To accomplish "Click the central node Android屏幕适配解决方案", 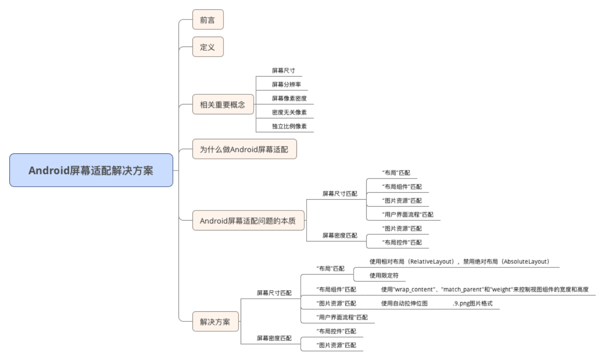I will tap(91, 170).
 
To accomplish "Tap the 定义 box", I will tap(208, 47).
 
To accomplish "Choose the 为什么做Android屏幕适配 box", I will tap(244, 150).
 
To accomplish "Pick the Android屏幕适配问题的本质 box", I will tap(249, 221).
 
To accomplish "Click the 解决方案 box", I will tap(215, 322).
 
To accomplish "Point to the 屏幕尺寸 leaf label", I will tap(284, 71).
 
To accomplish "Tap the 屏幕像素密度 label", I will tap(289, 98).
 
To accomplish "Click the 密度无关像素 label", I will tap(289, 112).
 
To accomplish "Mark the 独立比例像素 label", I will tap(289, 126).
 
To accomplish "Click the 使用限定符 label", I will tap(384, 275).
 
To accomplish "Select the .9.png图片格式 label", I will tap(472, 303).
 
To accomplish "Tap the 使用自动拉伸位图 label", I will tap(404, 303).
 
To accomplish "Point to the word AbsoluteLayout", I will tap(525, 262).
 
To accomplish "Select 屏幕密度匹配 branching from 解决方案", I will tap(275, 338).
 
